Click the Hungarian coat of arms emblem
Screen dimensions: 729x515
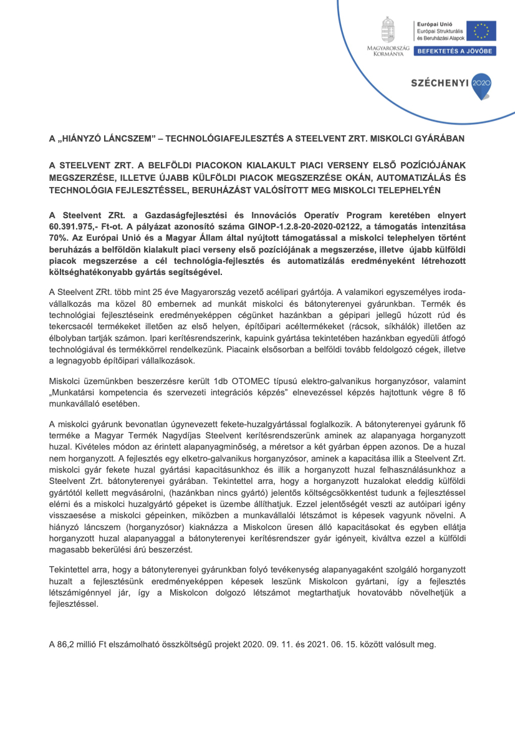(x=387, y=30)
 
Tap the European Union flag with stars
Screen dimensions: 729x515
(x=485, y=31)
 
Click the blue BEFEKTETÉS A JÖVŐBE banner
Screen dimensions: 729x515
(x=456, y=51)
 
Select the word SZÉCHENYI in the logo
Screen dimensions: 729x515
(x=440, y=82)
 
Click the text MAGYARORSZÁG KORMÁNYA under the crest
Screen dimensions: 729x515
(x=388, y=51)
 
